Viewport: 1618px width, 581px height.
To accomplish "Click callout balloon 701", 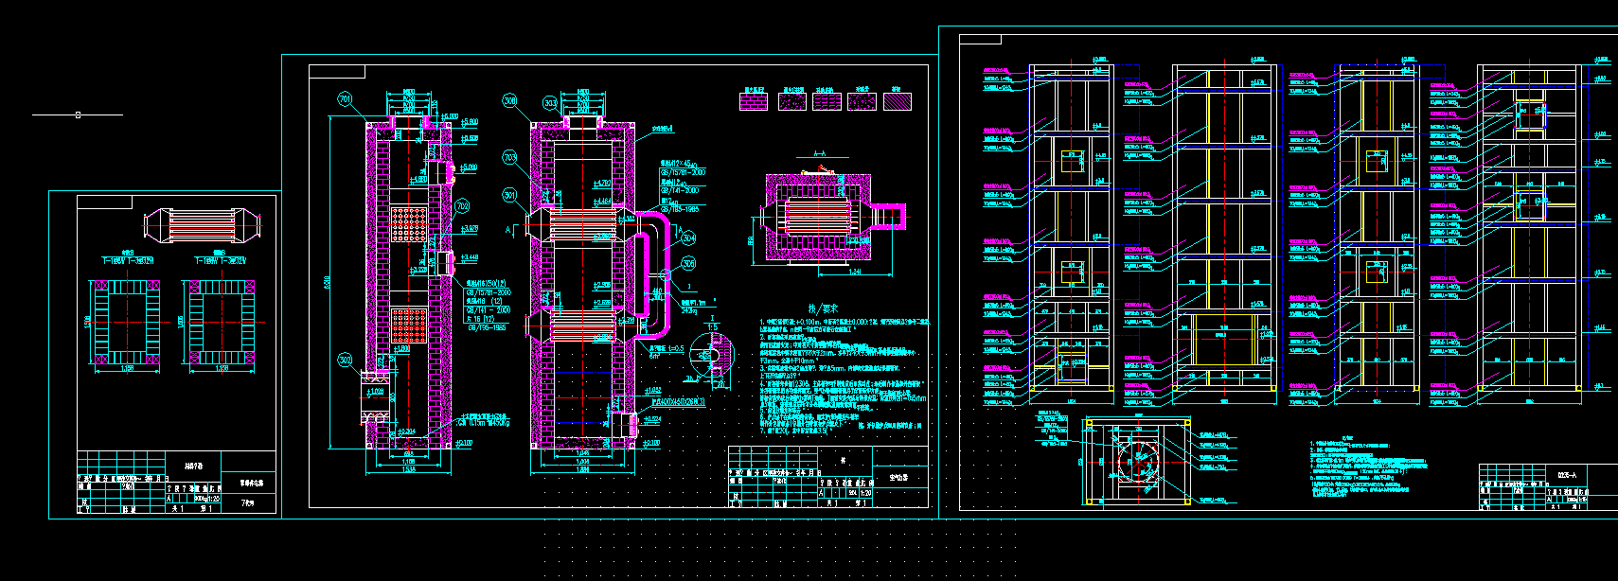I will click(345, 98).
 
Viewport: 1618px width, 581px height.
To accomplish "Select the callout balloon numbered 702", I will click(462, 206).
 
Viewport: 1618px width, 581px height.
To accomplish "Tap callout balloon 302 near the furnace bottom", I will click(345, 360).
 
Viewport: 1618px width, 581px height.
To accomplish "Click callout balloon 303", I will click(551, 102).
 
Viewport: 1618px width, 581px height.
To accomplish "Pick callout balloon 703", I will click(509, 158).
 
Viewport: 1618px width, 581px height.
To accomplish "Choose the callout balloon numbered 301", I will click(509, 196).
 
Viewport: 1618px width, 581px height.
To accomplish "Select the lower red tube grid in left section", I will click(411, 324).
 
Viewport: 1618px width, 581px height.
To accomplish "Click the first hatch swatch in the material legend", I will click(752, 101).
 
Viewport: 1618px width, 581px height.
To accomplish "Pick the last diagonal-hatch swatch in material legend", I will click(897, 101).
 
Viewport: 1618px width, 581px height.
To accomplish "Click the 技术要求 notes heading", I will click(824, 308).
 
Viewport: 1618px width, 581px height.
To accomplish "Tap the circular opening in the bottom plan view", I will click(1136, 461).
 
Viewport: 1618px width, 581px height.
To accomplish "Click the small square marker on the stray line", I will click(78, 115).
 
